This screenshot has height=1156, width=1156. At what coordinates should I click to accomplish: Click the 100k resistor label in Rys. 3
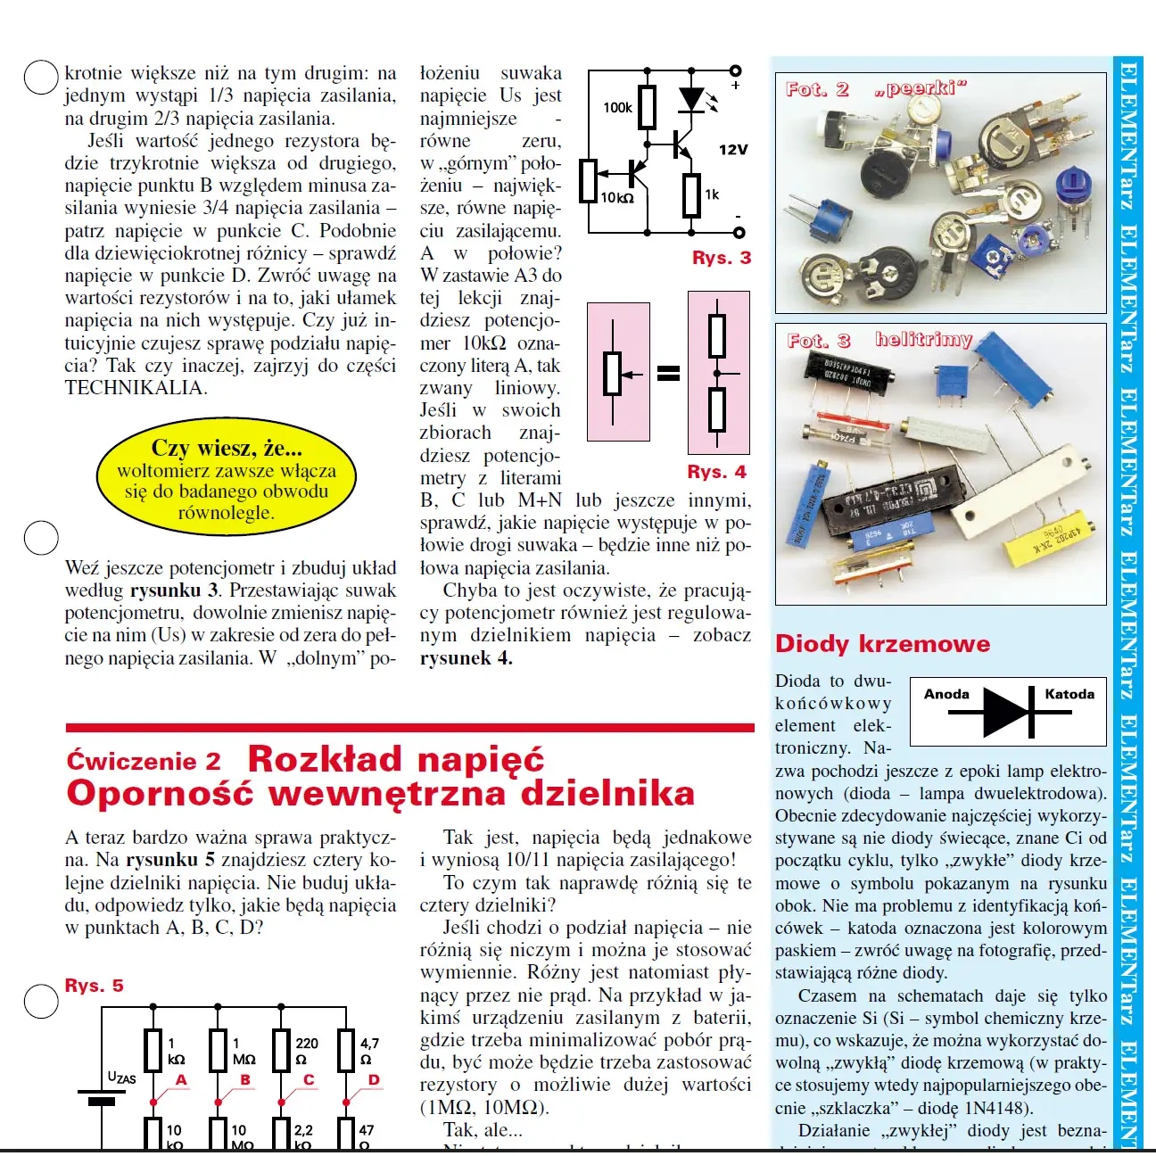tap(617, 108)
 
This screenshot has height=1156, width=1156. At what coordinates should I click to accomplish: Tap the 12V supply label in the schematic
tap(732, 150)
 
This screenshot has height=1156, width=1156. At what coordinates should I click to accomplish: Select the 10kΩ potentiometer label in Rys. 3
tap(617, 198)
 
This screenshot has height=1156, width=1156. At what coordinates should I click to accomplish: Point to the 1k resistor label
tap(711, 194)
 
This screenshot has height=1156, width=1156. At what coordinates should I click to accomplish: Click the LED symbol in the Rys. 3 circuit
tap(692, 99)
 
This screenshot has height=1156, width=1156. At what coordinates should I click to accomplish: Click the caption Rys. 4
tap(716, 472)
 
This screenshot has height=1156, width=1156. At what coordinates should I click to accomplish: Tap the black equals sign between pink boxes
tap(668, 374)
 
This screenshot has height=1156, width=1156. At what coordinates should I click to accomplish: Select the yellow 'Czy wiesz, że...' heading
tap(227, 448)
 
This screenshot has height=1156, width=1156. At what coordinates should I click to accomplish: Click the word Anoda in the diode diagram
tap(946, 694)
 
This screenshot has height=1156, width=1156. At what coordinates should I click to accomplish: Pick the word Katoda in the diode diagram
tap(1069, 694)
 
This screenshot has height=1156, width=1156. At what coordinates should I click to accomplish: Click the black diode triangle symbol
tap(1007, 713)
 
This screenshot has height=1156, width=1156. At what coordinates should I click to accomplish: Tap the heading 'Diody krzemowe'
tap(882, 644)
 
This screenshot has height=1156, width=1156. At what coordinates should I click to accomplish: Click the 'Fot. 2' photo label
tap(817, 89)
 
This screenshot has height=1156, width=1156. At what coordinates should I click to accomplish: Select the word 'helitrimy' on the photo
tap(923, 339)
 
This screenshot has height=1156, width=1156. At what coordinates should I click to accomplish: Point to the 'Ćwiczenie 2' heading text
tap(143, 761)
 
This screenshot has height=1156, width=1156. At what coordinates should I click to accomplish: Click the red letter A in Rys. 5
tap(181, 1080)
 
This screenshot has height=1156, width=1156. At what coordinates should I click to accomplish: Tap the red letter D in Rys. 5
tap(374, 1080)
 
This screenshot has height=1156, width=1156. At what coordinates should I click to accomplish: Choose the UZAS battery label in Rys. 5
tap(121, 1078)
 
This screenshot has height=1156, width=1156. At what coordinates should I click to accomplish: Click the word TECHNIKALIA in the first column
tap(136, 388)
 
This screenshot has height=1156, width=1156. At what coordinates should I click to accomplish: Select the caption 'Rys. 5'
tap(94, 986)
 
